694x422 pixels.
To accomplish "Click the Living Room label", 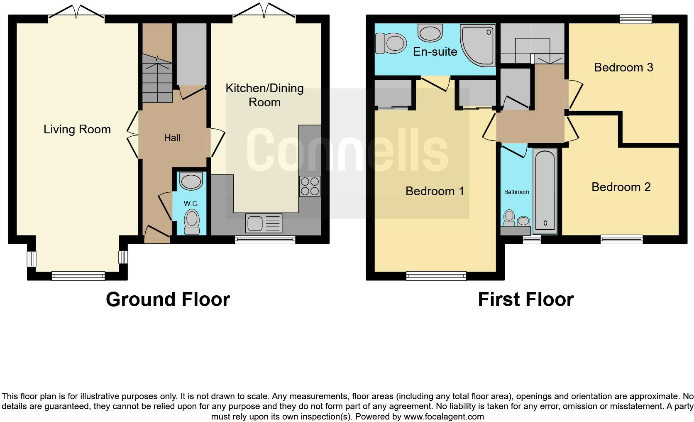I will coord(77,129).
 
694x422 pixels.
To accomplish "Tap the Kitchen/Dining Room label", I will coord(264,95).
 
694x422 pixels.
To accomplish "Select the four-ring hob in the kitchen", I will coord(310,186).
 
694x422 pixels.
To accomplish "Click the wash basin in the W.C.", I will coord(191,182).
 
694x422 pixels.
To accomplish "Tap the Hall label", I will coord(172,138).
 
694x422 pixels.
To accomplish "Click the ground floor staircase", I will coord(157,79).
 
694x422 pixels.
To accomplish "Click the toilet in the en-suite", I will coord(391,43).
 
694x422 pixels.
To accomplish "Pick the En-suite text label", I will coord(435,52).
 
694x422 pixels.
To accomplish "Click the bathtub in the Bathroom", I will coord(545,190).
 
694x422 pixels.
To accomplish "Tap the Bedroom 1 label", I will coord(435,191).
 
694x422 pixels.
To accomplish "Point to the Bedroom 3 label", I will coord(623,67).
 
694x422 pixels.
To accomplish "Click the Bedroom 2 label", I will coord(621,187).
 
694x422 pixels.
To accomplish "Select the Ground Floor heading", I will coord(168,299).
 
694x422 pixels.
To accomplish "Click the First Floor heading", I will coord(525,299).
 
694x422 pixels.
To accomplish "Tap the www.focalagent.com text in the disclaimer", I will coord(444,416).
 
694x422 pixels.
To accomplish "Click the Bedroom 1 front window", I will coord(436,275).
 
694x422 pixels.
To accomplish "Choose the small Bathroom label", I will coord(516,192).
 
